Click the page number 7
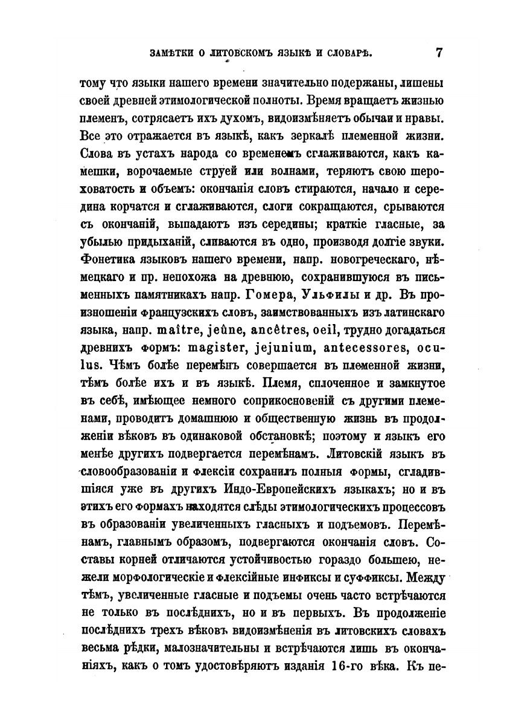(439, 52)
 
